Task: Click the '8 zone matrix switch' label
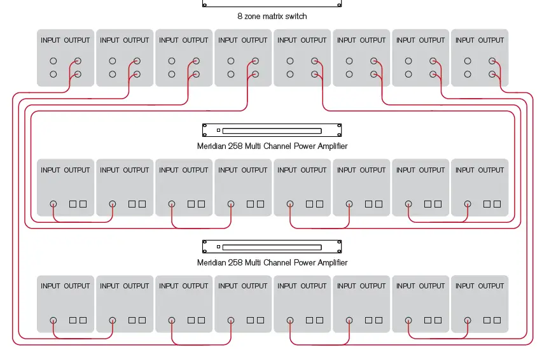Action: (272, 17)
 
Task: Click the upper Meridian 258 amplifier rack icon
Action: (272, 131)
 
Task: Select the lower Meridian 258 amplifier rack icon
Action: (272, 246)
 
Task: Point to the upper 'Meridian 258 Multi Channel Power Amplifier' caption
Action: (272, 146)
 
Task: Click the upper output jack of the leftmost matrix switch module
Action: (78, 62)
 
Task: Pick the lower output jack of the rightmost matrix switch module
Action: (492, 74)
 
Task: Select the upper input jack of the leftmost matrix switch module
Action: (53, 62)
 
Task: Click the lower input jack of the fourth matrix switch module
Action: (231, 74)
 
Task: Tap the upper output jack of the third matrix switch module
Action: (196, 62)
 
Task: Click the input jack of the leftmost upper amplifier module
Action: (53, 204)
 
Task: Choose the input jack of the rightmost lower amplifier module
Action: (468, 320)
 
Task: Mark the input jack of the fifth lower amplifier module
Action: (290, 320)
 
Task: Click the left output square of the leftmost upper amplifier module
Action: (73, 204)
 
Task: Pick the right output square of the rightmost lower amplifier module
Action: (497, 320)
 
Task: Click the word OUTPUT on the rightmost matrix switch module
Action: (491, 40)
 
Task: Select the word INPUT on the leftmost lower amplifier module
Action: (50, 286)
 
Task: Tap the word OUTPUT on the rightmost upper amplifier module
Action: (491, 170)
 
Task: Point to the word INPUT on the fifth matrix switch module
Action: (287, 40)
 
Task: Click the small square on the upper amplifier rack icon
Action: (218, 131)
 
